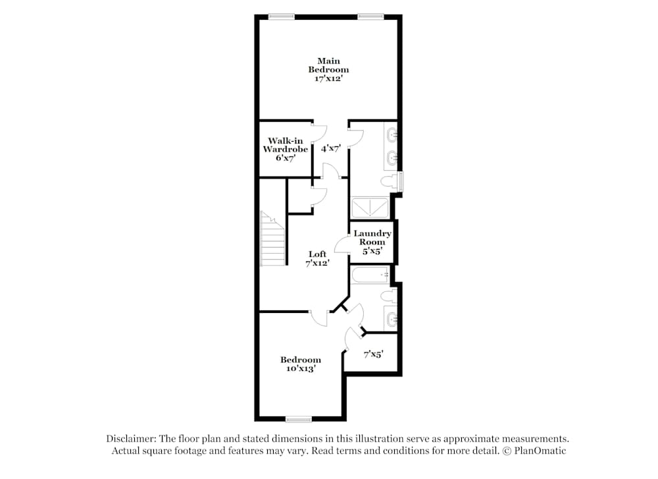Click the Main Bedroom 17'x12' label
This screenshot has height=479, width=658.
(x=328, y=70)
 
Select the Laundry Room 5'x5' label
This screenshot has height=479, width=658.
(x=372, y=242)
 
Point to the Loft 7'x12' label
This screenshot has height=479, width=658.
(x=317, y=258)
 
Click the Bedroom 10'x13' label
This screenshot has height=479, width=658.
(x=301, y=364)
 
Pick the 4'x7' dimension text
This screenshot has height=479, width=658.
(x=331, y=148)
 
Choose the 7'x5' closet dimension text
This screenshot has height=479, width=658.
(x=374, y=354)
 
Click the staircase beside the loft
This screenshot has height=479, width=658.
(x=273, y=239)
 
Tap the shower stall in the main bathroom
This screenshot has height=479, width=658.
(x=370, y=208)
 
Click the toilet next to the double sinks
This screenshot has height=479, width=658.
(x=389, y=181)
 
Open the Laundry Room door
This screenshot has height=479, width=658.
(x=342, y=244)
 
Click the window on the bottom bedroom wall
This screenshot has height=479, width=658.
(x=299, y=419)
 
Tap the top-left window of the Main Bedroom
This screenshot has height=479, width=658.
(x=281, y=17)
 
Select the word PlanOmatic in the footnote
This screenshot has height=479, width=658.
(x=540, y=451)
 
